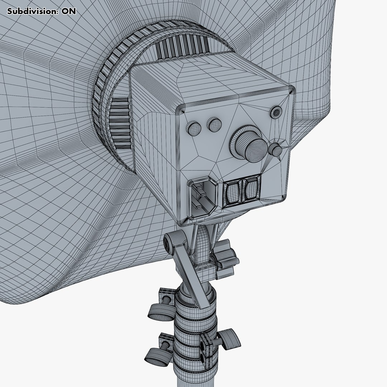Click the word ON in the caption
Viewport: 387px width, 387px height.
point(69,11)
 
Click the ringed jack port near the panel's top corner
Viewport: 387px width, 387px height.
point(276,112)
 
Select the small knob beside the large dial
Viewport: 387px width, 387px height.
point(276,150)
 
